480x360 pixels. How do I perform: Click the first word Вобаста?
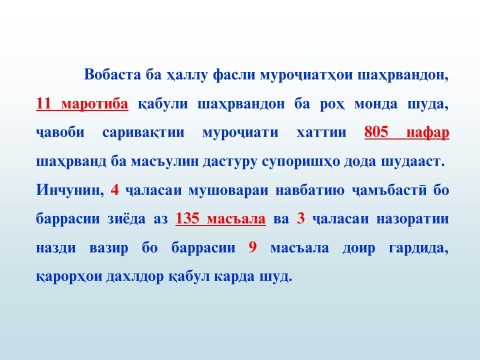pos(113,74)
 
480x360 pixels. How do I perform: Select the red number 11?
pos(43,103)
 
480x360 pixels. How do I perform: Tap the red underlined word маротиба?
pos(95,103)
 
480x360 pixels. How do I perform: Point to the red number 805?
pos(376,132)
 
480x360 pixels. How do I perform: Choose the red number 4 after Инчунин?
pos(114,189)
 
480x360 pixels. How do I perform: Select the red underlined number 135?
pos(187,218)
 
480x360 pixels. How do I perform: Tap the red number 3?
pos(300,218)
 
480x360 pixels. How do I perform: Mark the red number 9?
pos(252,247)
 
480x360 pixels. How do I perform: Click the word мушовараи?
pos(228,190)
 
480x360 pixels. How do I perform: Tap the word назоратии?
pos(412,219)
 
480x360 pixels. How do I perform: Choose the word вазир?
pos(108,247)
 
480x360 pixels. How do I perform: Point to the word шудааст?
pos(412,161)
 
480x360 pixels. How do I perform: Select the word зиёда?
pos(126,218)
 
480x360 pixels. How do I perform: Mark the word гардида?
pos(418,247)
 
